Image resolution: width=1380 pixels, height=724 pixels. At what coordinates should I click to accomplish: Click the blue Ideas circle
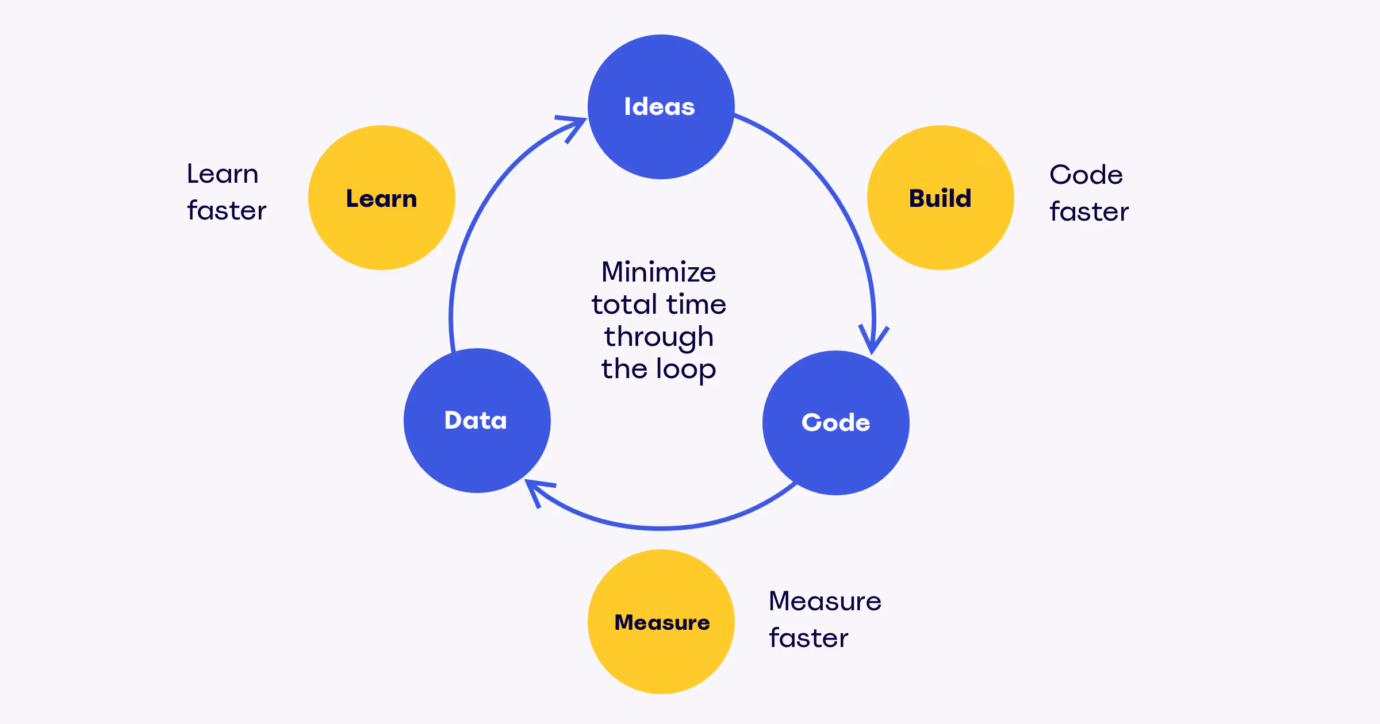point(661,107)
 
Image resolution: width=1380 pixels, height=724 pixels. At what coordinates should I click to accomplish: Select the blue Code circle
point(835,423)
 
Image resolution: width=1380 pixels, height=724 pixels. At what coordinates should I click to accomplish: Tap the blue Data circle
point(477,421)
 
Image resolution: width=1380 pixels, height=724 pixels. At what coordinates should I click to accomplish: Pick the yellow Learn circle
point(382,198)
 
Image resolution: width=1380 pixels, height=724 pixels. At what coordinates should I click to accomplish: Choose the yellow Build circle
point(940,198)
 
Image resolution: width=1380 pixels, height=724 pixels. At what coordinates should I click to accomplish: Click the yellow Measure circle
point(661,622)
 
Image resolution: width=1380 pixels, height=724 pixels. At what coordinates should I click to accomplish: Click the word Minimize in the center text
point(658,272)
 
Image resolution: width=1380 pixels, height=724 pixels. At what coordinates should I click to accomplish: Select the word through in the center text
point(658,337)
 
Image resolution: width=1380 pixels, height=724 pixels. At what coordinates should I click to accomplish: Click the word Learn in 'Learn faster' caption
point(223,174)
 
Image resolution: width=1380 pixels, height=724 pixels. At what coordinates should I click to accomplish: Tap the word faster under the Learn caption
point(227,210)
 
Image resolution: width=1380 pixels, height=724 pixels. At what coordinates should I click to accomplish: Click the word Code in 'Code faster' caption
point(1086,175)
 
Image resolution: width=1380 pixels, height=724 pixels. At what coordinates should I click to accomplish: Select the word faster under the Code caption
point(1089,211)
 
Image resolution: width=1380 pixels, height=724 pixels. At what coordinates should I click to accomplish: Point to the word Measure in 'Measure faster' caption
point(825,601)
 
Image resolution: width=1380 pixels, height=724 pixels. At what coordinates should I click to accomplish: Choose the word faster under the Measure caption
point(808,638)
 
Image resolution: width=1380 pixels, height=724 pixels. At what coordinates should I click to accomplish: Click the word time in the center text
point(696,305)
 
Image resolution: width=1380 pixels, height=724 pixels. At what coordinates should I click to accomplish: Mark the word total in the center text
point(624,305)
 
